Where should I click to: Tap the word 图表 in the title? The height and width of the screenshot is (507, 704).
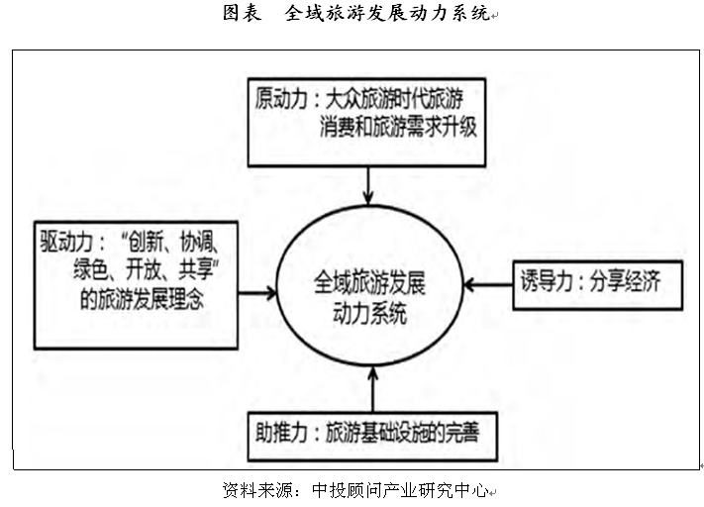click(x=243, y=15)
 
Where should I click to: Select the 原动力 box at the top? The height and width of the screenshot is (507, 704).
click(x=368, y=115)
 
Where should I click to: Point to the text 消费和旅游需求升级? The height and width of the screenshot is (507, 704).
click(x=400, y=131)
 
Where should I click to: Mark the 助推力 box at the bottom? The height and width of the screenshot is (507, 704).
click(x=371, y=431)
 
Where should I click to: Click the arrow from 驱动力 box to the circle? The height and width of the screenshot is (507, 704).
click(x=255, y=292)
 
